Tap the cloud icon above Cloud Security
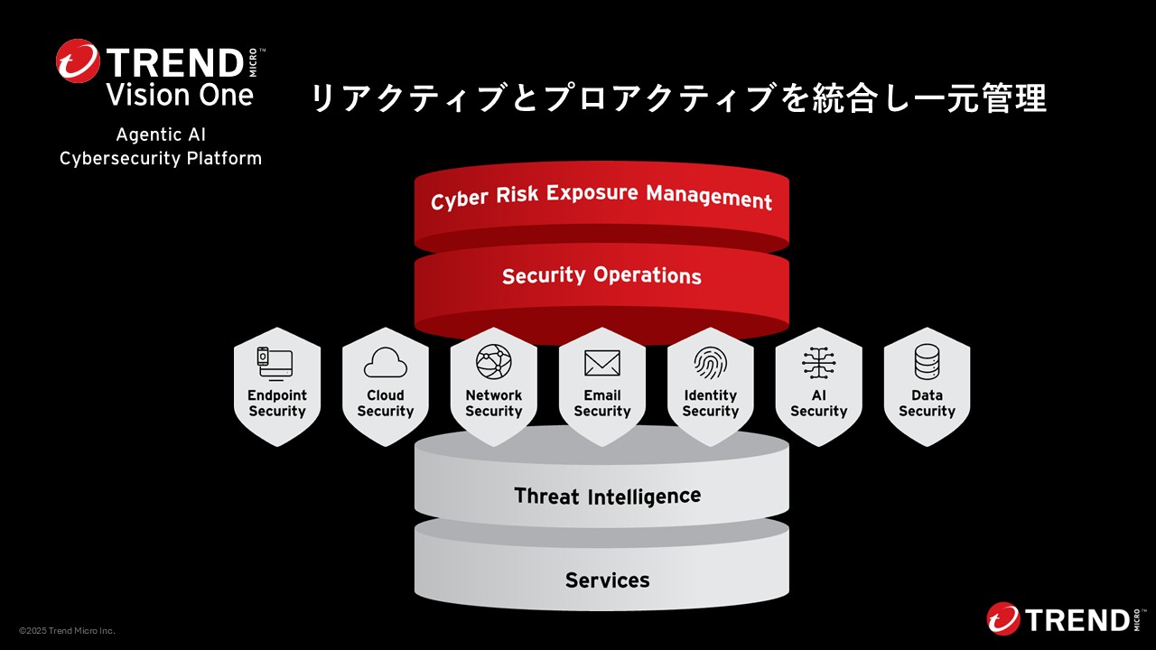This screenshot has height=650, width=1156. tap(386, 363)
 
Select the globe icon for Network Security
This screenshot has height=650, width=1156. tap(494, 362)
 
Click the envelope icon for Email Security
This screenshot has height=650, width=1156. tap(602, 363)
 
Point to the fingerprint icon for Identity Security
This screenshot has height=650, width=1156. tap(711, 363)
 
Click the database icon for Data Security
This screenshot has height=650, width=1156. tap(928, 363)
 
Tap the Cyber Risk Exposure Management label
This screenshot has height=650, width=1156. tap(601, 197)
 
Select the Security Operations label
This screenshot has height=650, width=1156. tap(601, 275)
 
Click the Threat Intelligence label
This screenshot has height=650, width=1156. tap(607, 496)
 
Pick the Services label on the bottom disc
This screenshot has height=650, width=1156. tap(607, 580)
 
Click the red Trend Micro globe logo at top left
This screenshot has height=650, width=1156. tap(78, 61)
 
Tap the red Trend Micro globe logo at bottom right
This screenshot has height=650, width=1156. tap(1003, 619)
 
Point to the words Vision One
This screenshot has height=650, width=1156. tap(180, 95)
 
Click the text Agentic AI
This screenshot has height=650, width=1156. tap(161, 135)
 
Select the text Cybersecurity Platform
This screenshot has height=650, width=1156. tap(161, 159)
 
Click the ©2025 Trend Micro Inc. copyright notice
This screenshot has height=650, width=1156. tap(67, 631)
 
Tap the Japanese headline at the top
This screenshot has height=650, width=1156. tap(678, 98)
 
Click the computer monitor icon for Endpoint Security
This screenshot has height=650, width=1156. tap(276, 363)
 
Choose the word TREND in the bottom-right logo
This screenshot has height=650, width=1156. tap(1075, 620)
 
